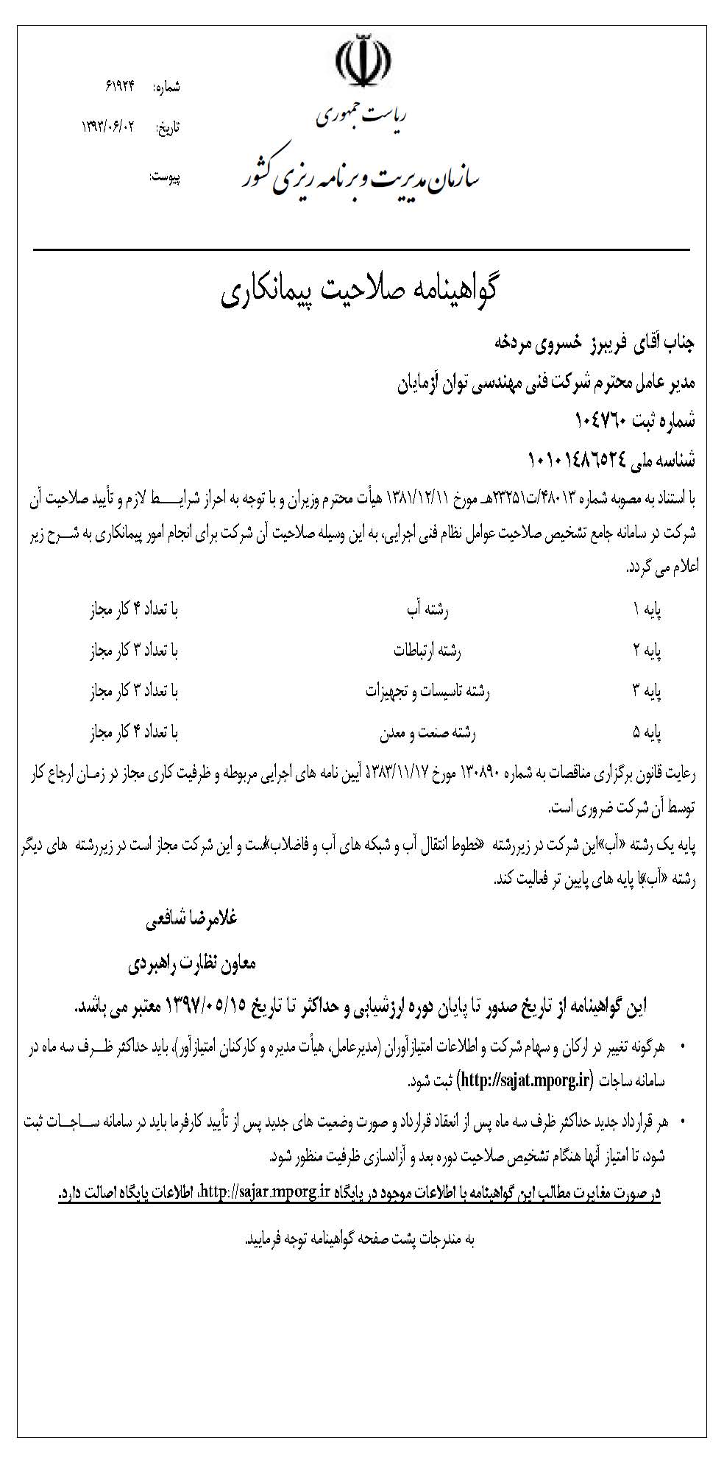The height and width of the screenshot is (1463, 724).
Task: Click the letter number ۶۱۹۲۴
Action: coord(121,86)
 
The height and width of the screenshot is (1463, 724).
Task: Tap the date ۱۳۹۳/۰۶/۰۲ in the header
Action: coord(110,127)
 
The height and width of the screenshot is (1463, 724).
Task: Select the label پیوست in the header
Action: coord(165,177)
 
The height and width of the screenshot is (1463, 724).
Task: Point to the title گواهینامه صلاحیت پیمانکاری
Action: coord(360,292)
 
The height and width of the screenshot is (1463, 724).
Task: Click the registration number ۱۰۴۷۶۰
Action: coord(600,421)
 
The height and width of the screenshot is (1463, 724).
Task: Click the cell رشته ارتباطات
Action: coord(427,651)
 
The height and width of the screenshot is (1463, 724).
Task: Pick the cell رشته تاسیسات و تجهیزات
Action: coord(427,692)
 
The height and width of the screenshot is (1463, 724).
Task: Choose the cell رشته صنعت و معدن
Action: coord(427,733)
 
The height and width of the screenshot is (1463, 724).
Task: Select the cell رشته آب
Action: coord(427,609)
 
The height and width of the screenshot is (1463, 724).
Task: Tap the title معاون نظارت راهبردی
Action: coord(192,963)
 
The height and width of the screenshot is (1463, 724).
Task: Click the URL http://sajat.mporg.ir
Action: coord(525,1080)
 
